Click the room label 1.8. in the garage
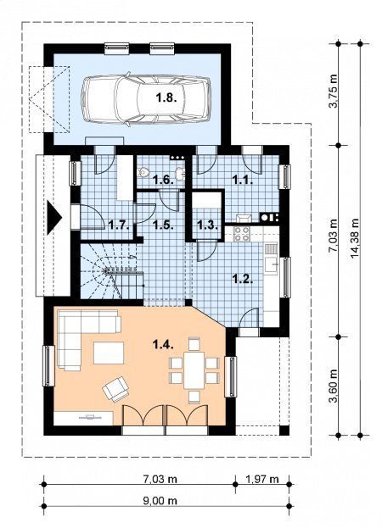click(166, 97)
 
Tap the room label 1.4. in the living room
click(164, 344)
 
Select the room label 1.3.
click(207, 225)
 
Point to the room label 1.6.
click(164, 180)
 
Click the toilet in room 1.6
click(144, 172)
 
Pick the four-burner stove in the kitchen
click(242, 234)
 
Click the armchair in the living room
click(116, 389)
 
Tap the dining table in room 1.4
click(194, 370)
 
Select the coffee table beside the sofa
click(109, 353)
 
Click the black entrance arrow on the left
click(54, 218)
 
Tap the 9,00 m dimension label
click(160, 501)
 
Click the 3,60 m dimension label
click(333, 386)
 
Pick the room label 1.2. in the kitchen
click(243, 279)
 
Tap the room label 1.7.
click(120, 225)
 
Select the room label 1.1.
click(243, 181)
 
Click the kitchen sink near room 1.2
click(271, 264)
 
